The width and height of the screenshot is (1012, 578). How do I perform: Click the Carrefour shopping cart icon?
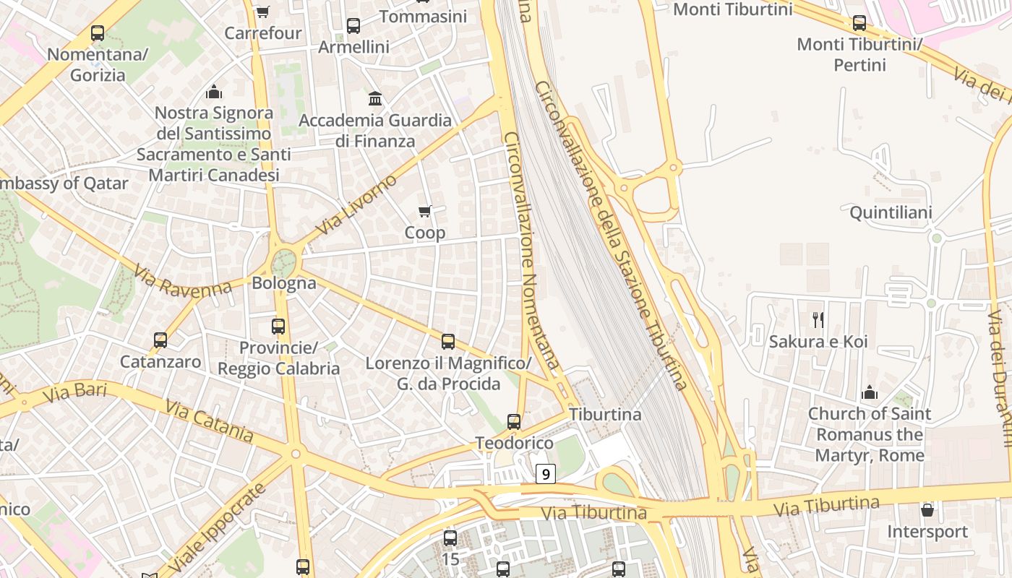pos(262,12)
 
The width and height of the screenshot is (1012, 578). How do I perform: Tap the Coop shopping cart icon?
pos(425,211)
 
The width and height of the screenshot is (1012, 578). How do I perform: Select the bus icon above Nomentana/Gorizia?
pos(98,33)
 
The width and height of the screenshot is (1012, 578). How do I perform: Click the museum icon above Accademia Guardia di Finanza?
pos(375,98)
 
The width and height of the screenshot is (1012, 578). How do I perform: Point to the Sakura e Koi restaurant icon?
pos(818,319)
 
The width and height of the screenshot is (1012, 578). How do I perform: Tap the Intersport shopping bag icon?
pos(927,510)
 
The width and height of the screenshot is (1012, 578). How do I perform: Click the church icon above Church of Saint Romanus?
pos(870,392)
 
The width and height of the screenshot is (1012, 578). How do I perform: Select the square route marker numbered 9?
pos(546,474)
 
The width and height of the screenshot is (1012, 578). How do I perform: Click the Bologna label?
pos(284,282)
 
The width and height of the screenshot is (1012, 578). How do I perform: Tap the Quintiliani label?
pos(891,212)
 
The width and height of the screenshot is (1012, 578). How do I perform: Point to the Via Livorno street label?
pos(356,204)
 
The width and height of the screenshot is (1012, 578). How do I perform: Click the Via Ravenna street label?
pos(182,281)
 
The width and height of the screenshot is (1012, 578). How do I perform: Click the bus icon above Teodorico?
pos(514,421)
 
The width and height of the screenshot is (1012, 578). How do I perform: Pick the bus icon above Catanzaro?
pos(160,340)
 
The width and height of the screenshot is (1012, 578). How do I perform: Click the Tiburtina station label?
pos(605,414)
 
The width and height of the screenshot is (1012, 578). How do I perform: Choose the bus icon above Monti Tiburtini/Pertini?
pos(859,23)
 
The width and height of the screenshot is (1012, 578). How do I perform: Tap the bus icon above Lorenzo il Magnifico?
pos(448,341)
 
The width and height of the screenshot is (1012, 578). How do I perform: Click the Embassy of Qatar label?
pos(64,183)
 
